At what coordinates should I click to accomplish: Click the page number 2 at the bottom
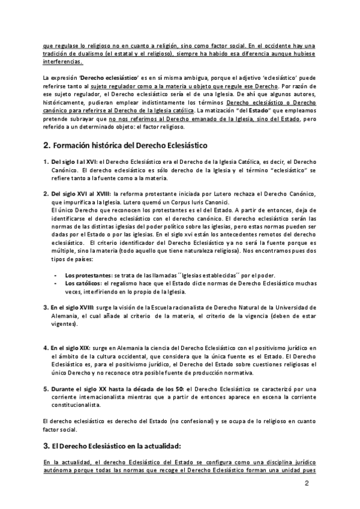[307, 483]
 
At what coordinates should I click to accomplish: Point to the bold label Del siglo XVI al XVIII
[80, 194]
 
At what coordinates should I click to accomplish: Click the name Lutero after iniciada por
[245, 194]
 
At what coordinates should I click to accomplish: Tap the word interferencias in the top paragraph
[63, 61]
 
